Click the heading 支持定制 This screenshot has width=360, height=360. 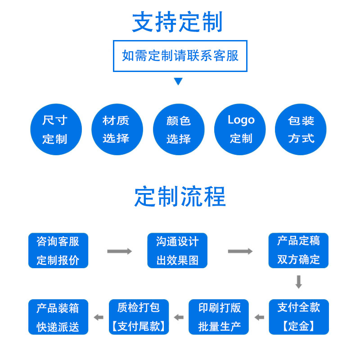pos(177,22)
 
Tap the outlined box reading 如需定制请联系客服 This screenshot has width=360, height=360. pos(180,56)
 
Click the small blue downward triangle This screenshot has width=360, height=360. pos(178,81)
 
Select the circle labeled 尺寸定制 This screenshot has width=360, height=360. pos(56,129)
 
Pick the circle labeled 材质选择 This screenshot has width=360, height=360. pos(117,129)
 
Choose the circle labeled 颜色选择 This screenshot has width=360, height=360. pos(179,129)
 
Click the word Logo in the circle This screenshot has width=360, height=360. pos(241,120)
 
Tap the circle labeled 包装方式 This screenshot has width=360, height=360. pos(301,129)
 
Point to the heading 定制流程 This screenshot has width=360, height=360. pos(180,197)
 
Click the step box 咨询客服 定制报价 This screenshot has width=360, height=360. pos(58,251)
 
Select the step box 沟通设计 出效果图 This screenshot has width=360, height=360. pos(177,251)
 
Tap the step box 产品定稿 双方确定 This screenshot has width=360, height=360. pos(298,251)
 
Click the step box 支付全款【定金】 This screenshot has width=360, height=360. pos(299,317)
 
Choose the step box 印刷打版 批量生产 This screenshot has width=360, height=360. pos(219,317)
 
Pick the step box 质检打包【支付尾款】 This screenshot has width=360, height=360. pos(139,317)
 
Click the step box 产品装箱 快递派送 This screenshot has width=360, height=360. pos(58,317)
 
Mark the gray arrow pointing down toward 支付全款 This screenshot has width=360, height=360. pos(298,282)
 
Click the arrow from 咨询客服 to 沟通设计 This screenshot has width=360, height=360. pos(120,251)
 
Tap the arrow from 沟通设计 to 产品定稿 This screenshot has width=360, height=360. pos(240,251)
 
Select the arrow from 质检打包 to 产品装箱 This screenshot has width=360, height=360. pos(99,318)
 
